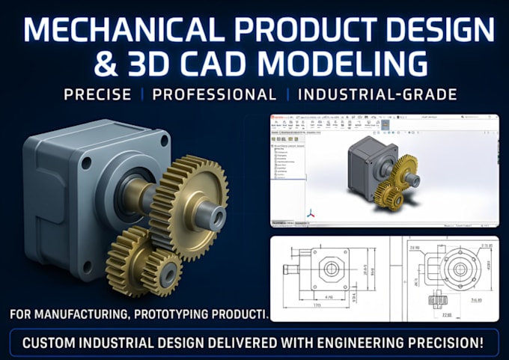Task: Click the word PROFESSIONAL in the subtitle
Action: (215, 95)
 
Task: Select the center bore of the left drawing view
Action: (329, 268)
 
